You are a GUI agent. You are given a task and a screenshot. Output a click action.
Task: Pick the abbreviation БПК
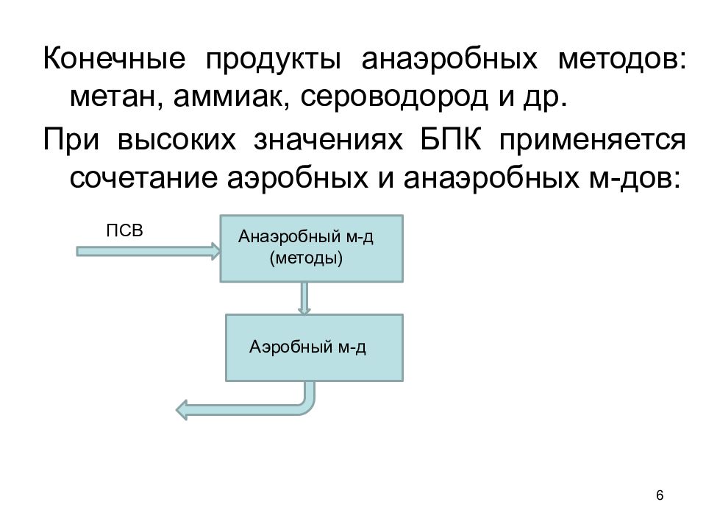451,139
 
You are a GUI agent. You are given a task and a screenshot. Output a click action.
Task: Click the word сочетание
143,178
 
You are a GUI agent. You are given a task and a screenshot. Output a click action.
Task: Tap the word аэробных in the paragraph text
297,178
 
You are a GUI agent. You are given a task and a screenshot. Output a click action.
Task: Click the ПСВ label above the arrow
125,230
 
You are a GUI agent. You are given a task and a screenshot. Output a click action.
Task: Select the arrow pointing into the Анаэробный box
149,251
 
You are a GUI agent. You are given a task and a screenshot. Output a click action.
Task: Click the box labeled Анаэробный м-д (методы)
312,249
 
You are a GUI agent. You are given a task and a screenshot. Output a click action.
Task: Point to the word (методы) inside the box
306,258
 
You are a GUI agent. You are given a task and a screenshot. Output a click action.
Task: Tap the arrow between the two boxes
304,298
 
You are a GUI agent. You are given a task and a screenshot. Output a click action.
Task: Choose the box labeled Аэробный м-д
314,348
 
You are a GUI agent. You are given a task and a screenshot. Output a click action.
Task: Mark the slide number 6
660,495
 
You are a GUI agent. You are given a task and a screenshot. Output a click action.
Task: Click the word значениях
328,140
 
